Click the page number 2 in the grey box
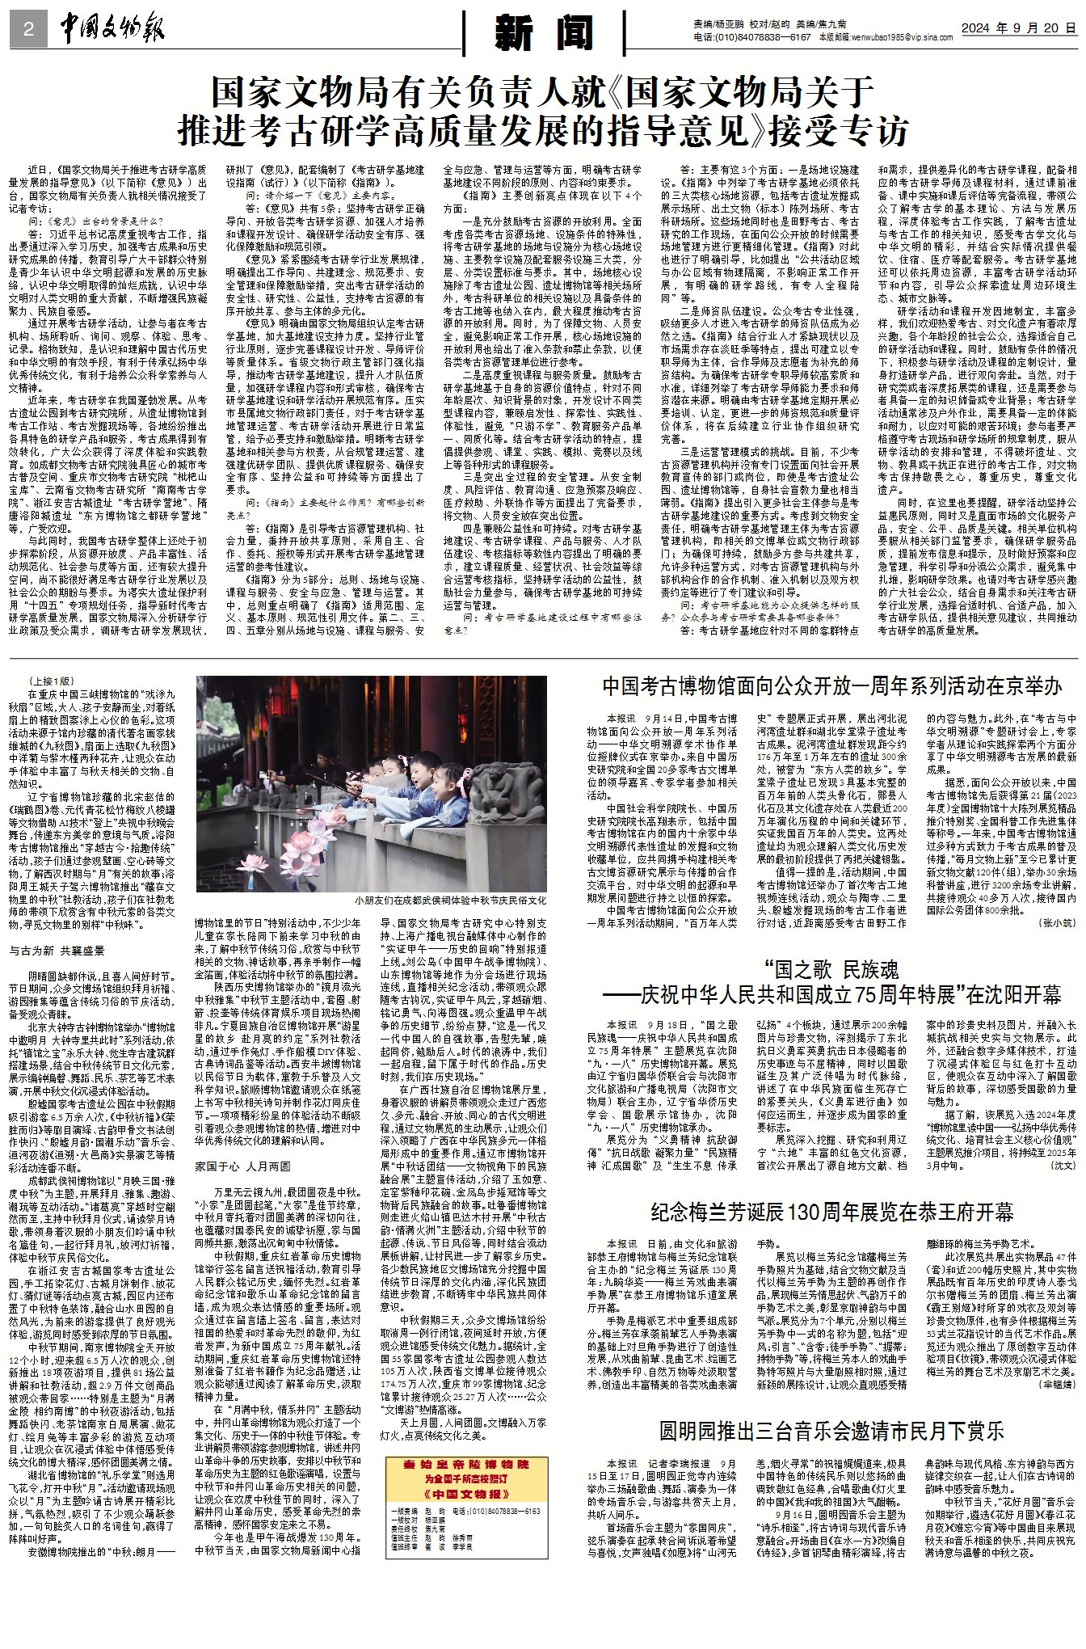pyautogui.click(x=28, y=30)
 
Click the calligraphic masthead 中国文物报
pyautogui.click(x=112, y=30)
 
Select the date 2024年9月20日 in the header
pyautogui.click(x=1018, y=28)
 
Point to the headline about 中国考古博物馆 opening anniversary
pyautogui.click(x=831, y=686)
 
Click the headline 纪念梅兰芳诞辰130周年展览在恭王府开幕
pyautogui.click(x=831, y=1212)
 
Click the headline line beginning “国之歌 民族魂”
pyautogui.click(x=831, y=969)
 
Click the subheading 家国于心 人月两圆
pyautogui.click(x=242, y=1166)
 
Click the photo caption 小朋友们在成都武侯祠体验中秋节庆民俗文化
pyautogui.click(x=449, y=900)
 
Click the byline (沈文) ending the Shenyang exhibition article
pyautogui.click(x=1062, y=1166)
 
